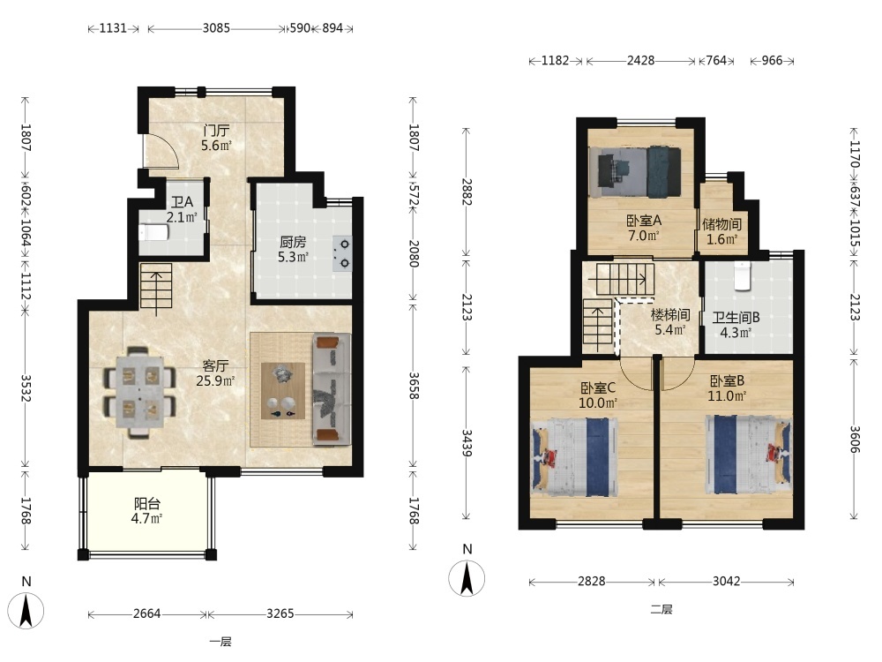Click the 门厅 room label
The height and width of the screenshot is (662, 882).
(x=217, y=131)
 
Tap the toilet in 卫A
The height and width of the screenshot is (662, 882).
(x=153, y=232)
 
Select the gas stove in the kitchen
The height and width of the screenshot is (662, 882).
(x=342, y=253)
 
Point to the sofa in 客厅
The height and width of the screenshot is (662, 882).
(x=332, y=389)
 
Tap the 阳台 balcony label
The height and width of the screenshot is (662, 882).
(x=147, y=503)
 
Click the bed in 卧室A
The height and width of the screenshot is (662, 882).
(x=634, y=172)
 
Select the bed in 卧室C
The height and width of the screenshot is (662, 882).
(x=575, y=457)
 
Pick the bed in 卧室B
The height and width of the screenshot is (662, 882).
(x=749, y=455)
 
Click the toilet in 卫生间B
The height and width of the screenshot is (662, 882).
(x=743, y=275)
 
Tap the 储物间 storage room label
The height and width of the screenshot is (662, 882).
(x=721, y=224)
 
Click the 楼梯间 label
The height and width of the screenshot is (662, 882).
(x=670, y=315)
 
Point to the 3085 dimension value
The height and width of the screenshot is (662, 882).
(x=217, y=27)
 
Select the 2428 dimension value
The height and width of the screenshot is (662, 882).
(x=640, y=60)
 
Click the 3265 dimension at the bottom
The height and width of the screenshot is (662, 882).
(x=280, y=613)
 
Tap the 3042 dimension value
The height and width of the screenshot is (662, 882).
(x=726, y=581)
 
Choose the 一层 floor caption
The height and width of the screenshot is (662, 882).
(x=220, y=642)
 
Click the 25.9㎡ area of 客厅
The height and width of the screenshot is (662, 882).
(x=215, y=380)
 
